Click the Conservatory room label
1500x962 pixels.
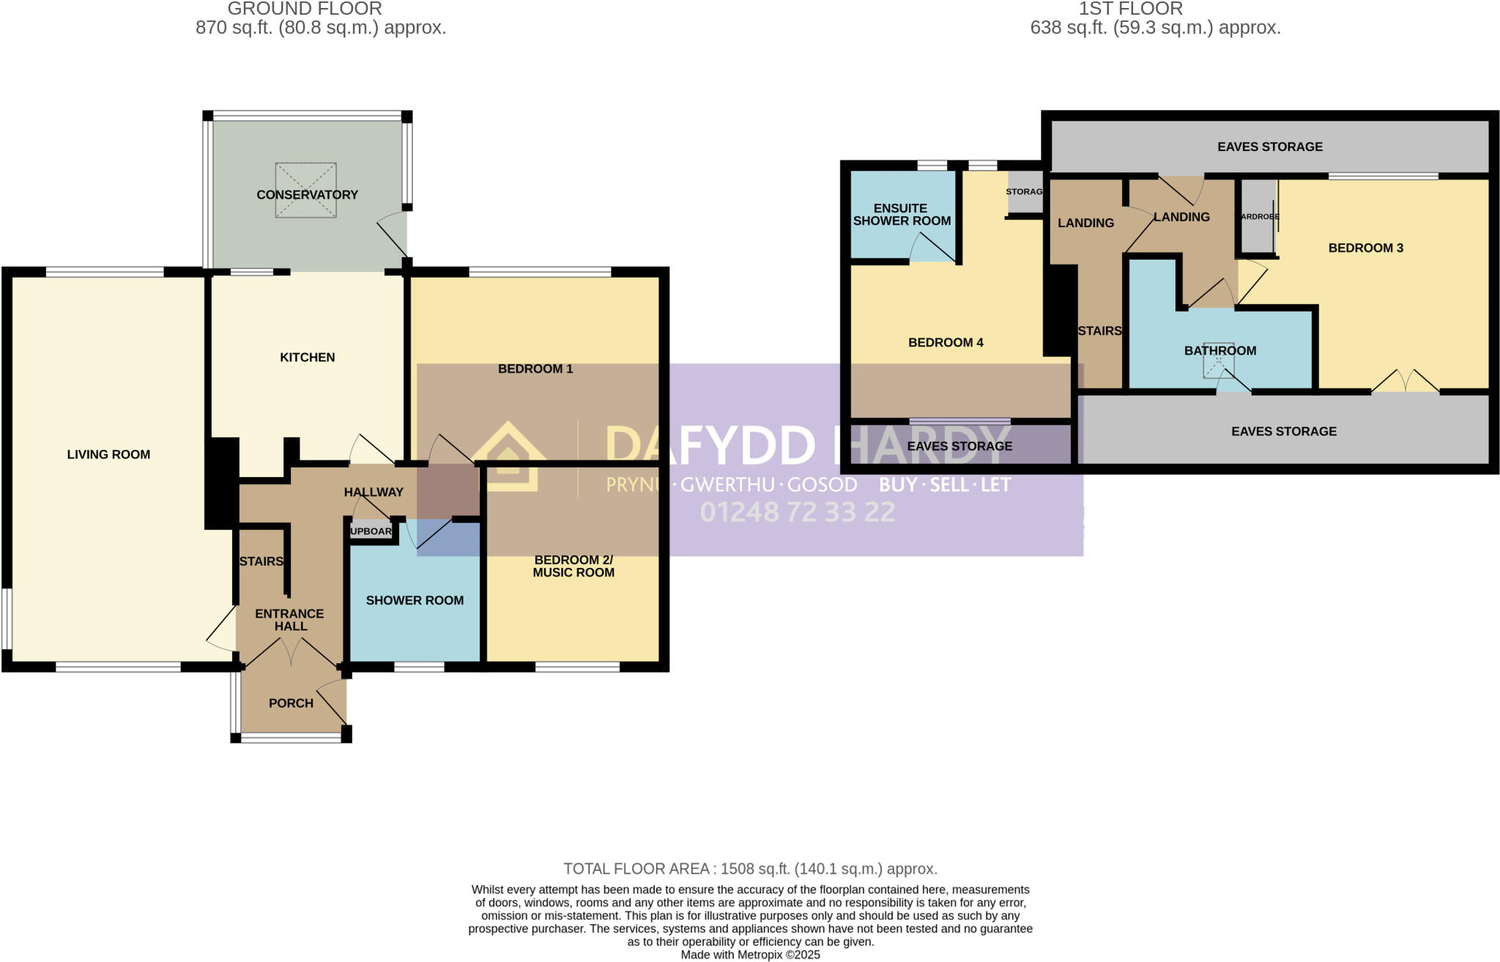click(307, 195)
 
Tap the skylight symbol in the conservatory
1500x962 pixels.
click(305, 190)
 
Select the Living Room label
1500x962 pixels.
click(108, 454)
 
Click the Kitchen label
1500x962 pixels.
click(307, 358)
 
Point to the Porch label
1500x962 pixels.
click(291, 703)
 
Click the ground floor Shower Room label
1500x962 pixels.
click(415, 601)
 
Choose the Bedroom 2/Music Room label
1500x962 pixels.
click(573, 566)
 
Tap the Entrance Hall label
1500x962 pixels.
click(290, 620)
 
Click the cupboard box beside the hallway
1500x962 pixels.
click(371, 531)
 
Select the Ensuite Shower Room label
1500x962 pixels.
click(902, 215)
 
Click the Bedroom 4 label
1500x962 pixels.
click(946, 343)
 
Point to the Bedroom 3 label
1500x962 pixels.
click(1365, 248)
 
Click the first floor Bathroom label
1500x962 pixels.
click(1219, 351)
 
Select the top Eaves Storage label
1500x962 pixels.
click(1269, 147)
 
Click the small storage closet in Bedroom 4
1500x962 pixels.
click(1025, 192)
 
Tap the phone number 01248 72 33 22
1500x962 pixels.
click(798, 512)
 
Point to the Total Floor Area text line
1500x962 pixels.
click(750, 869)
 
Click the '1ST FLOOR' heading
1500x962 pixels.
click(1130, 10)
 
